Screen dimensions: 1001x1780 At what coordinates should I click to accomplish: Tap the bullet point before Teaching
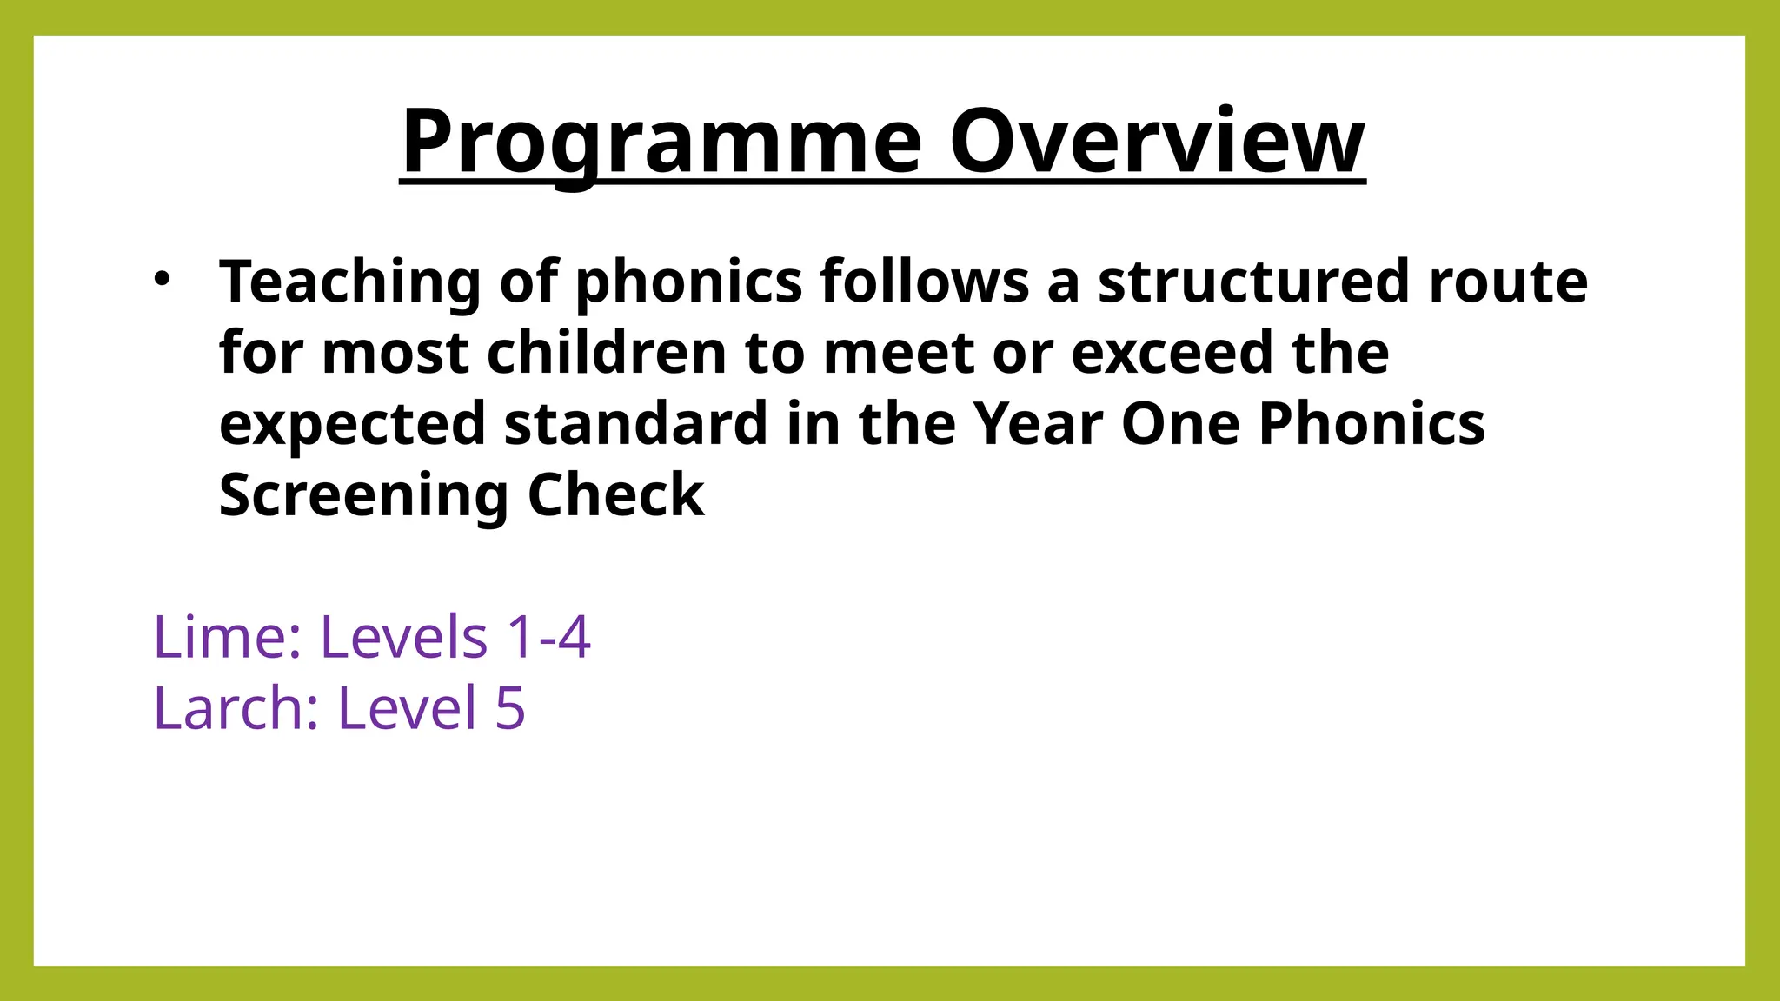(162, 280)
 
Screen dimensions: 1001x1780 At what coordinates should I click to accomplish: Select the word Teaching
(349, 282)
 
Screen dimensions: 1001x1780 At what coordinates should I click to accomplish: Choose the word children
(606, 353)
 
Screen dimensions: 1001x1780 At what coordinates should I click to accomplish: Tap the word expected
(352, 426)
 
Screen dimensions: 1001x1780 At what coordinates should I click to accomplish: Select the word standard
(635, 424)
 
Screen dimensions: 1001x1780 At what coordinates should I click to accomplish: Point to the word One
(1180, 424)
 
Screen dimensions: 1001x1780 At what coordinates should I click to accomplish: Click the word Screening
(363, 497)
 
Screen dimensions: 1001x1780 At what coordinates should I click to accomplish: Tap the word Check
(615, 495)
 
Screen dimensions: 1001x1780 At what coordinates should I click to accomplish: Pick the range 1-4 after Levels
(548, 637)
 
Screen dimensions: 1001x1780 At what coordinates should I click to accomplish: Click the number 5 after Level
(511, 708)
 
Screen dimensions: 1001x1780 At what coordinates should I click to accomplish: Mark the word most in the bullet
(395, 355)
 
